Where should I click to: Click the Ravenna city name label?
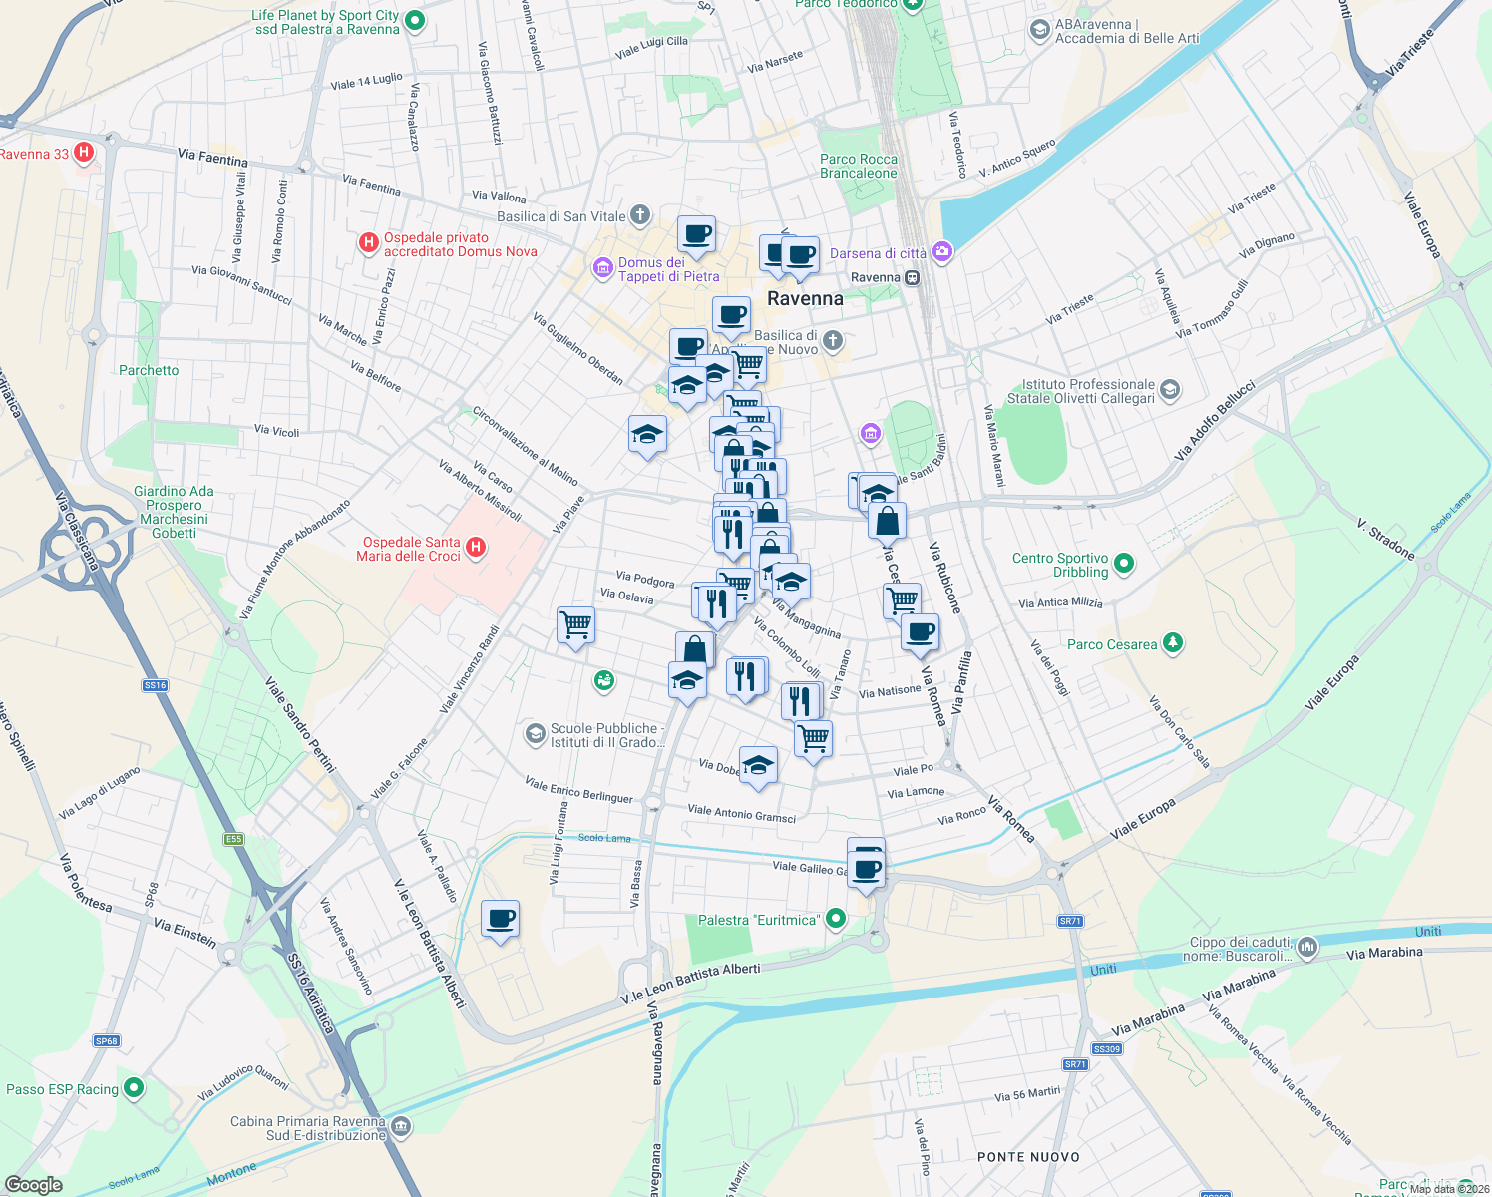pyautogui.click(x=805, y=298)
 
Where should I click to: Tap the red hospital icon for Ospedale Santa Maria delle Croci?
pyautogui.click(x=476, y=547)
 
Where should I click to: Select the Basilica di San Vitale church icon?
pyautogui.click(x=640, y=215)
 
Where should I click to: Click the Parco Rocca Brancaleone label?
pyautogui.click(x=859, y=166)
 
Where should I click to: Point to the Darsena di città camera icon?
pyautogui.click(x=941, y=252)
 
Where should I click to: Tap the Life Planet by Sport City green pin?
pyautogui.click(x=416, y=21)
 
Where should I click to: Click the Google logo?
pyautogui.click(x=34, y=1184)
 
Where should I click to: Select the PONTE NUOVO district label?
pyautogui.click(x=1028, y=1157)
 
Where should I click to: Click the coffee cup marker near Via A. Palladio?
pyautogui.click(x=500, y=918)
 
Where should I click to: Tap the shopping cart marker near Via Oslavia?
pyautogui.click(x=576, y=625)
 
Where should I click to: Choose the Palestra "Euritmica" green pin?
pyautogui.click(x=836, y=919)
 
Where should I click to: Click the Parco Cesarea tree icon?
pyautogui.click(x=1173, y=643)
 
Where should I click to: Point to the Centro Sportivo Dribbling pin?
pyautogui.click(x=1124, y=564)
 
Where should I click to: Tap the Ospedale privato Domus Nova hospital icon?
pyautogui.click(x=369, y=242)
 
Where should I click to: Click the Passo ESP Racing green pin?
pyautogui.click(x=134, y=1088)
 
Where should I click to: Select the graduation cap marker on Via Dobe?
pyautogui.click(x=758, y=765)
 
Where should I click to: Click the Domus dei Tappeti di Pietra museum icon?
pyautogui.click(x=602, y=267)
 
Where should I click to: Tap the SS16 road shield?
pyautogui.click(x=155, y=685)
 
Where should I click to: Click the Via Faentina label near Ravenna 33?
pyautogui.click(x=212, y=158)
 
